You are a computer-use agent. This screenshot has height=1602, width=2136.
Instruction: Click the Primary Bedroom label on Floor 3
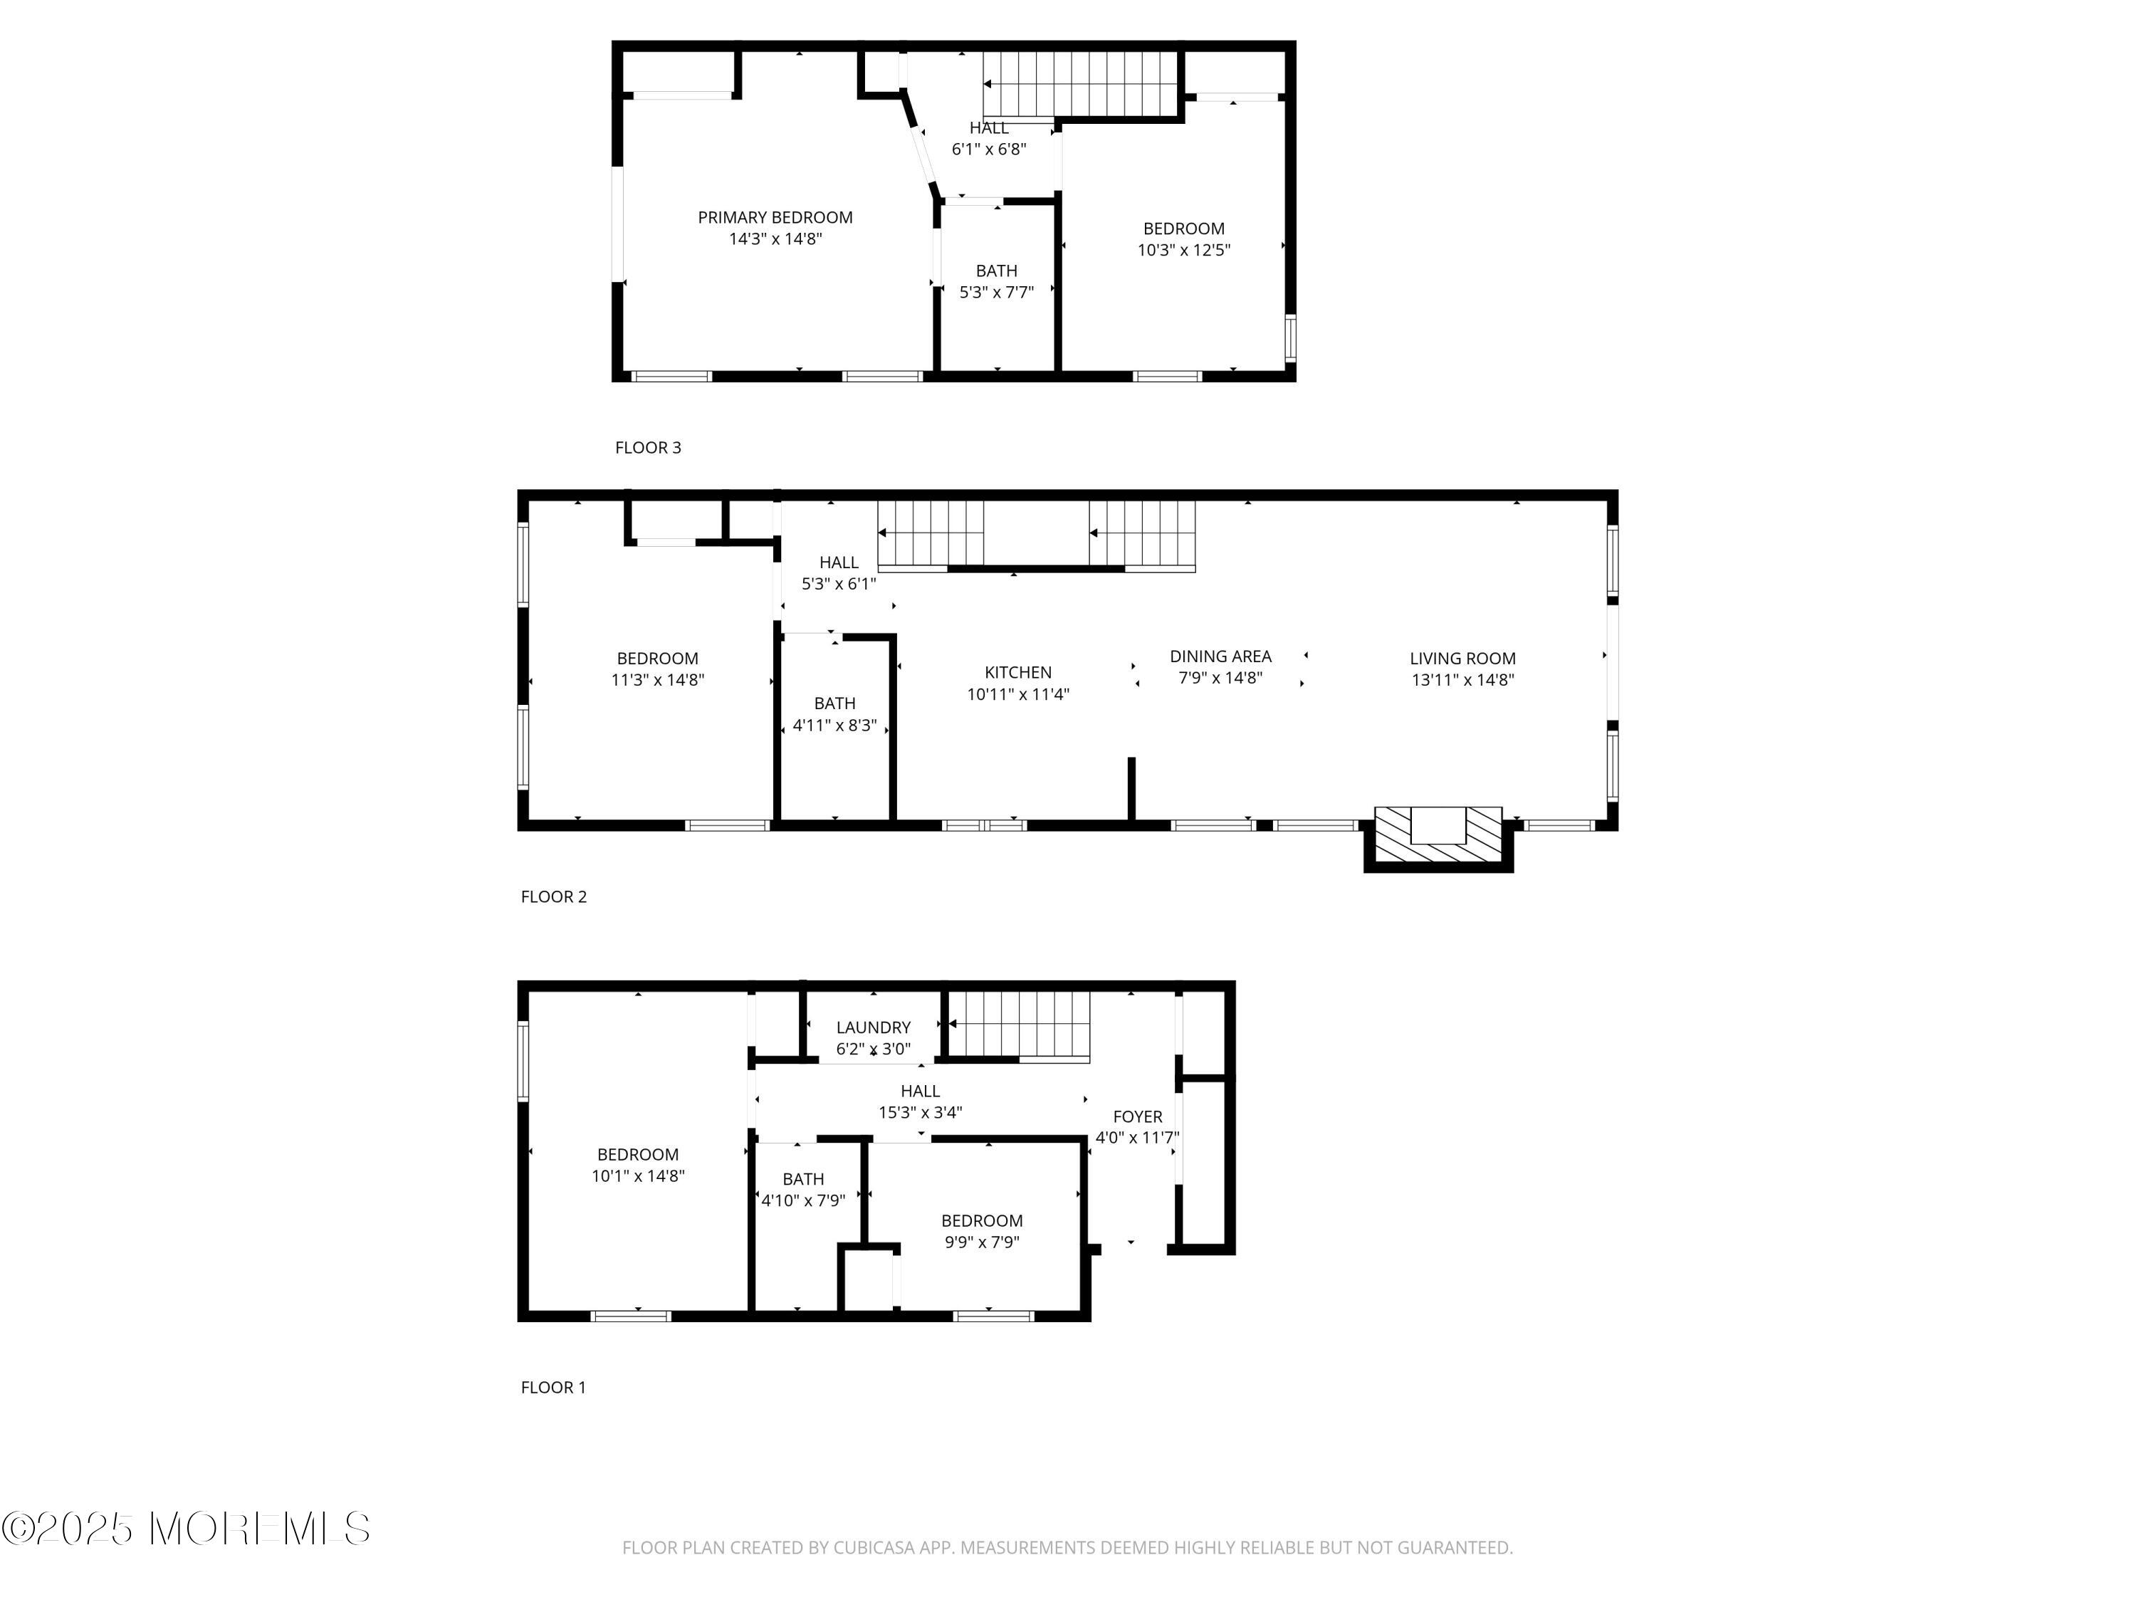[x=775, y=217]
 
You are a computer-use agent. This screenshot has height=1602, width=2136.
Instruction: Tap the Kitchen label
[x=1017, y=672]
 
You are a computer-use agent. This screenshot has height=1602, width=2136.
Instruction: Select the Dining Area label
[x=1220, y=656]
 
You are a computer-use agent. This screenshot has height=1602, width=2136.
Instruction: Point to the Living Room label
[x=1462, y=659]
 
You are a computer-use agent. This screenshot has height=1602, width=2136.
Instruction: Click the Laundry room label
[x=873, y=1027]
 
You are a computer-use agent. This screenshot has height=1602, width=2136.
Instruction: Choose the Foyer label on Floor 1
[x=1138, y=1116]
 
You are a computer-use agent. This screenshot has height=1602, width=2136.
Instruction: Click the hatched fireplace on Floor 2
[x=1438, y=834]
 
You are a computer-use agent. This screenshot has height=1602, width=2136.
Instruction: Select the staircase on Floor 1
[x=1019, y=1025]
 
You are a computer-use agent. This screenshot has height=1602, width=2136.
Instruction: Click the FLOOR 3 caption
[x=648, y=447]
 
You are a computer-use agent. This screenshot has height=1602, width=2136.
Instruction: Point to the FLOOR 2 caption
[x=553, y=896]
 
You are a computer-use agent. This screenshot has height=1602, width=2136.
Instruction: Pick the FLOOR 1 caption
[x=553, y=1387]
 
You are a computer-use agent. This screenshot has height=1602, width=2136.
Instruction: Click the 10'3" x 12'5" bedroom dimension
[x=1184, y=250]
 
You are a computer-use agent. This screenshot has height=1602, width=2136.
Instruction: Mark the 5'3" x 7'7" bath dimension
[x=997, y=293]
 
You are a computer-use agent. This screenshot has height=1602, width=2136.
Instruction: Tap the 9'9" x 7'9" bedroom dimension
[x=982, y=1242]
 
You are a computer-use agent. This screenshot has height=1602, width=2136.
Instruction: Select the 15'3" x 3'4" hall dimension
[x=920, y=1112]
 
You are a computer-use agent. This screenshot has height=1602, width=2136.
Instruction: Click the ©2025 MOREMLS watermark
[x=185, y=1529]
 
